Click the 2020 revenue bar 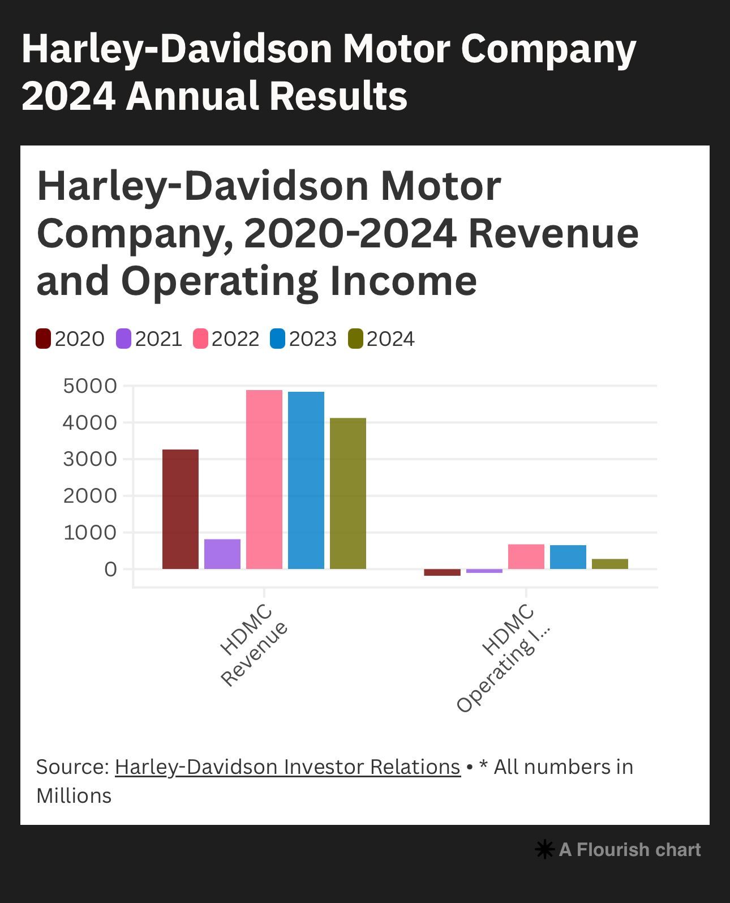click(x=180, y=509)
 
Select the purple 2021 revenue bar click(x=222, y=554)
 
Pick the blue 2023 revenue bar click(x=306, y=480)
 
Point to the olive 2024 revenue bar click(x=347, y=493)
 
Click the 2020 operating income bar click(x=442, y=572)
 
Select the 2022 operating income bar click(x=526, y=557)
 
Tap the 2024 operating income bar click(x=609, y=564)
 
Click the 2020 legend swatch click(x=44, y=339)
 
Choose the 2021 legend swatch click(x=123, y=339)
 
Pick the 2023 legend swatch click(x=277, y=339)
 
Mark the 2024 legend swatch click(x=355, y=339)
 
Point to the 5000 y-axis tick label click(x=90, y=386)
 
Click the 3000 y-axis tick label click(x=90, y=459)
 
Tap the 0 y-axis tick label click(x=110, y=569)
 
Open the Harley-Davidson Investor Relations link click(x=287, y=767)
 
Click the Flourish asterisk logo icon click(x=544, y=849)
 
